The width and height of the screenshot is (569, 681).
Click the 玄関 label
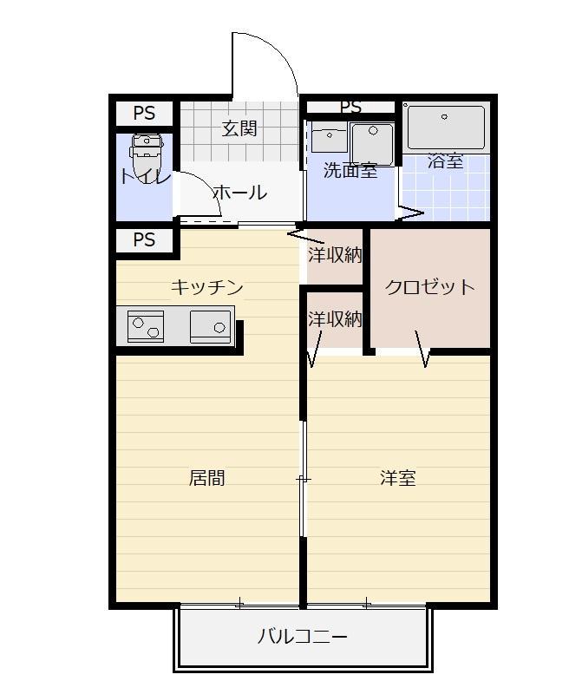tap(239, 129)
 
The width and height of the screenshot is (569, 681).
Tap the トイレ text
tap(145, 177)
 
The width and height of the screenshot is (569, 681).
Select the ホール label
tap(239, 193)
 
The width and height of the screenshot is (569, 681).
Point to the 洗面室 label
tap(350, 170)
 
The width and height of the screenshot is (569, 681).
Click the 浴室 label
tap(445, 161)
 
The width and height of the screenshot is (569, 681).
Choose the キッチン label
tap(206, 287)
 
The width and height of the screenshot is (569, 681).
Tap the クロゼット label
tap(429, 287)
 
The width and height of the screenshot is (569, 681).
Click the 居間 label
tap(206, 478)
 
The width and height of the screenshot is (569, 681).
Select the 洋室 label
tap(398, 478)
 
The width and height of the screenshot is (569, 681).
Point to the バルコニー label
tap(303, 638)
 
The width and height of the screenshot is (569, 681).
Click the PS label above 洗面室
tap(350, 108)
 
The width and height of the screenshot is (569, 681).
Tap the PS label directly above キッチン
tap(144, 240)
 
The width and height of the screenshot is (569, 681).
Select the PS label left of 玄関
tap(144, 114)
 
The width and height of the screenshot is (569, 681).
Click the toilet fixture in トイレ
tap(147, 152)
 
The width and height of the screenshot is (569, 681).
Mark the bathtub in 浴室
tap(446, 128)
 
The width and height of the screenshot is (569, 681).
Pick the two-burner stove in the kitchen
tap(145, 327)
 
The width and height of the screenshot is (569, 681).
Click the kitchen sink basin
tap(211, 327)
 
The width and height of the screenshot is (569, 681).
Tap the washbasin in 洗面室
tap(329, 139)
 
